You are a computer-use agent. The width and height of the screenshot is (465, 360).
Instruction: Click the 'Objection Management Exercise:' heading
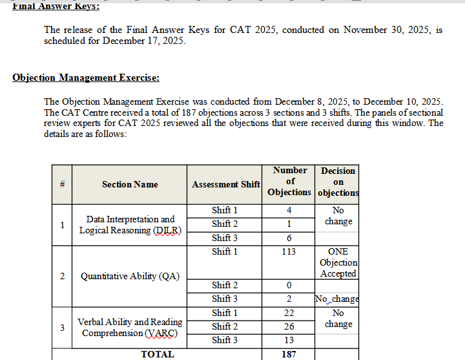[x=86, y=78]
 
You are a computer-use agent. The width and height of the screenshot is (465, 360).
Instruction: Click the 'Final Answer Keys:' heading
[x=56, y=6]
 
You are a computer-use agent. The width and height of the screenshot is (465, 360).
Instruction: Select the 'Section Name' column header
[x=130, y=184]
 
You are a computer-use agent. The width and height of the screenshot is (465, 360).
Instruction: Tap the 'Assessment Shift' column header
[x=225, y=184]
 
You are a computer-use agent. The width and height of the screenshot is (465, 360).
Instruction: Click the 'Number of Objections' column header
[x=289, y=182]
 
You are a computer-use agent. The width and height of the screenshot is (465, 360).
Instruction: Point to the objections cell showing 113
[x=289, y=251]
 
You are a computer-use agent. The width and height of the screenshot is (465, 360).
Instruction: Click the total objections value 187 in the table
[x=289, y=354]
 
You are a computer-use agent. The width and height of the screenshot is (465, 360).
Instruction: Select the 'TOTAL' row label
[x=158, y=354]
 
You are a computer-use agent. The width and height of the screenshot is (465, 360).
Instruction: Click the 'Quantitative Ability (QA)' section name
[x=130, y=277]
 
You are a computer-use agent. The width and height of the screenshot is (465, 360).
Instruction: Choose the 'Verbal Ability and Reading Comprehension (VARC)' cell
[x=130, y=327]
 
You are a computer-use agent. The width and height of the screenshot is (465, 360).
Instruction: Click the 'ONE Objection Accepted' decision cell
[x=338, y=262]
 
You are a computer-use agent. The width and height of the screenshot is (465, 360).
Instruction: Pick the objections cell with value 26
[x=289, y=326]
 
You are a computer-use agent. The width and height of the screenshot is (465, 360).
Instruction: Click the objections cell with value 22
[x=289, y=313]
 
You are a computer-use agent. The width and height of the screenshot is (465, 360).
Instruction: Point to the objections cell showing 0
[x=289, y=285]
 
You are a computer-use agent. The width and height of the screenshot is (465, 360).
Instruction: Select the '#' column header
[x=62, y=184]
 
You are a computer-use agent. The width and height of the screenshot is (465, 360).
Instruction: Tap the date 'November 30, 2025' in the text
[x=382, y=30]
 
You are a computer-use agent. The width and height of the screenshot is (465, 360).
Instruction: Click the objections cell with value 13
[x=289, y=340]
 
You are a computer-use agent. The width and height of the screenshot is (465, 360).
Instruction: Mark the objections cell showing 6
[x=289, y=238]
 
